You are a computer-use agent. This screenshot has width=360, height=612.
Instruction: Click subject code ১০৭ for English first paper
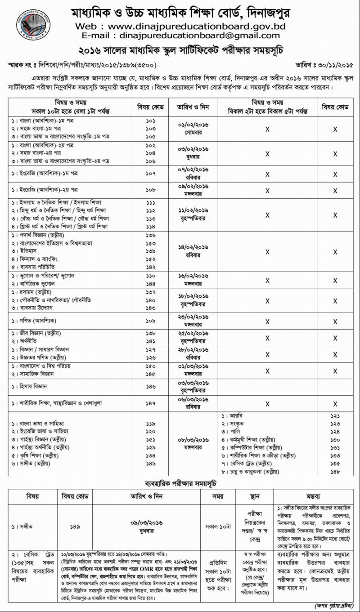click(x=151, y=173)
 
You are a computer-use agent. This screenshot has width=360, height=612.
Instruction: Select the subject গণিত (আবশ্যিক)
click(x=34, y=321)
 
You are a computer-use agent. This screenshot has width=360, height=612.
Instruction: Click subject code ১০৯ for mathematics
click(x=151, y=321)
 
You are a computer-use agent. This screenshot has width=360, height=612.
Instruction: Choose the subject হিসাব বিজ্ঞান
click(x=30, y=386)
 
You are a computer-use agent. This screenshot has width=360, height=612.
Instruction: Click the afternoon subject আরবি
click(x=232, y=416)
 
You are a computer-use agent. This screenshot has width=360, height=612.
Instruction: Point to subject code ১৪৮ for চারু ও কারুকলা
click(x=335, y=472)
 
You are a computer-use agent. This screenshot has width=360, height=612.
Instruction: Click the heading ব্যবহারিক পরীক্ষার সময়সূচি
click(x=180, y=484)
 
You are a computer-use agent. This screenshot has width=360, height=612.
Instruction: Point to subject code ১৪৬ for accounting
click(x=151, y=386)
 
